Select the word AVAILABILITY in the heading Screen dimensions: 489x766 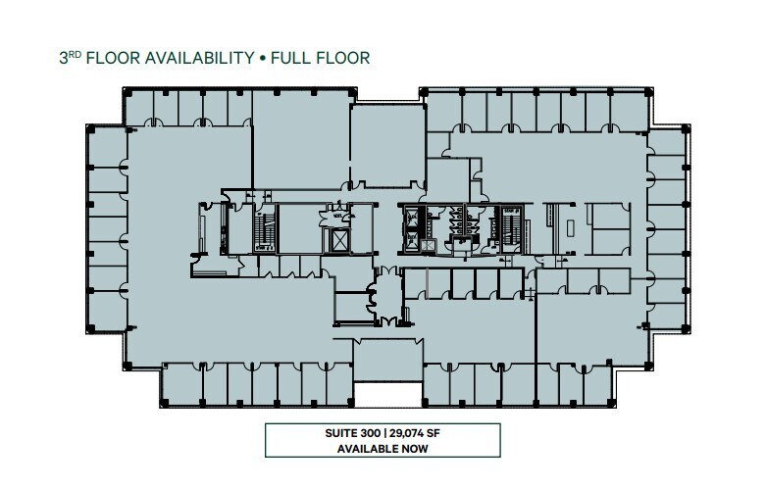(x=199, y=59)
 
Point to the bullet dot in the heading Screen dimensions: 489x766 (x=263, y=59)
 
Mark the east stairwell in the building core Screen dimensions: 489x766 (x=510, y=227)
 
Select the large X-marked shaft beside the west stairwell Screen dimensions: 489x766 (x=340, y=240)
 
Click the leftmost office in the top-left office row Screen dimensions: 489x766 (x=145, y=108)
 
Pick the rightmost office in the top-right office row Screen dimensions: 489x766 (x=629, y=109)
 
